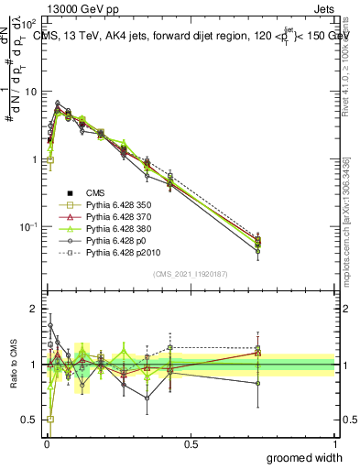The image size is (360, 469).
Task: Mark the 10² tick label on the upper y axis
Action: coord(29,25)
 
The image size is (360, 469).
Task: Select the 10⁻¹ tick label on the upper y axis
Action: coord(28,226)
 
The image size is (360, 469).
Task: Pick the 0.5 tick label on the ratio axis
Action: coord(31,420)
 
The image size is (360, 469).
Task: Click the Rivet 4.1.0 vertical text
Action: coord(346,55)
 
